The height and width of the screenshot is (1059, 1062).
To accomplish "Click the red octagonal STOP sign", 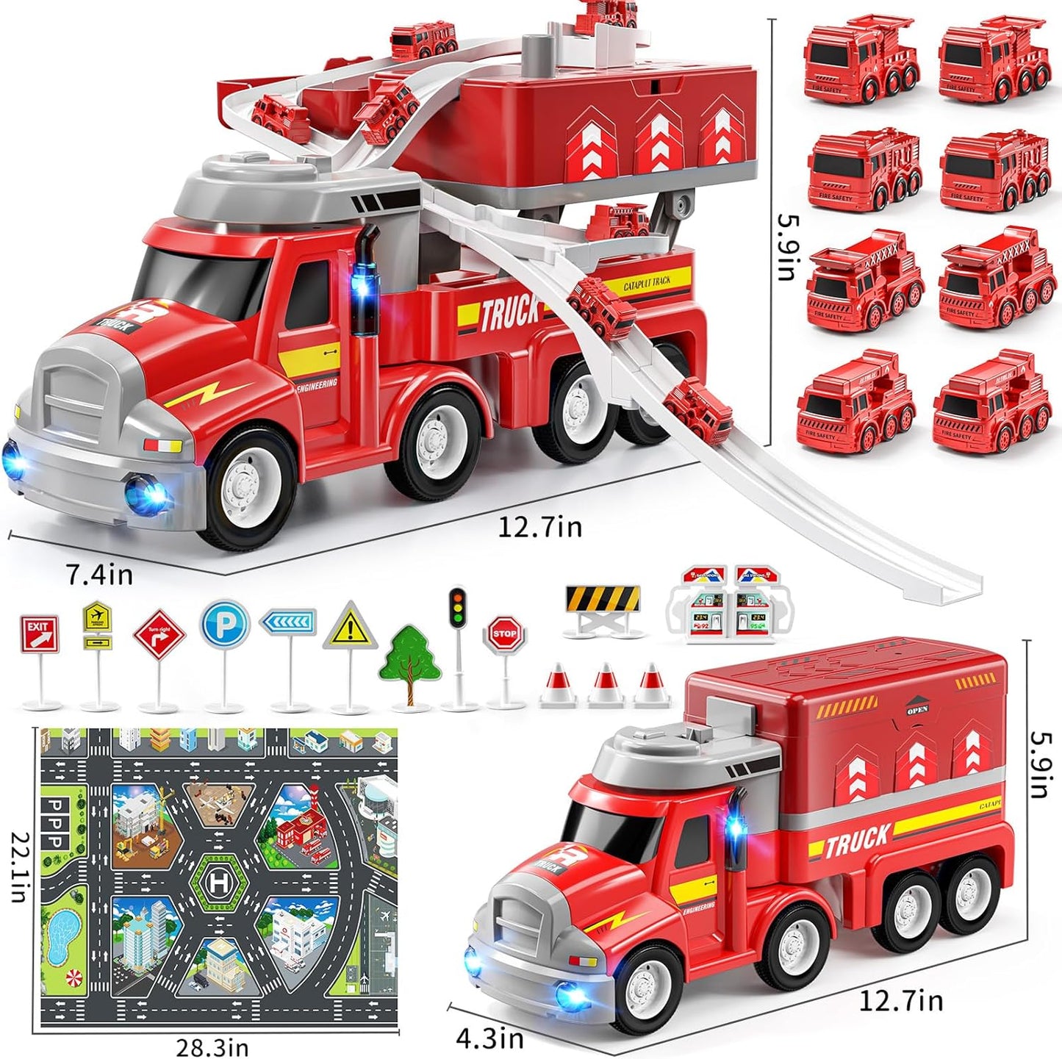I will tap(504, 633).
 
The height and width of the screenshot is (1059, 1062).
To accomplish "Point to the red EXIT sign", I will tap(40, 634).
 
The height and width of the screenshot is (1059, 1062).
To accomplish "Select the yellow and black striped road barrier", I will tap(603, 599).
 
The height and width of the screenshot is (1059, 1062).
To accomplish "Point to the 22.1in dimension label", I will tap(23, 867).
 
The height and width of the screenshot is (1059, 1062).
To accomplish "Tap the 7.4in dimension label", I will tap(100, 574).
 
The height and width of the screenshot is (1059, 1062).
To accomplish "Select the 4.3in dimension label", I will tap(490, 1038).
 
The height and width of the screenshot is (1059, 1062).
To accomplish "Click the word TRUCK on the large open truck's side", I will tap(509, 314).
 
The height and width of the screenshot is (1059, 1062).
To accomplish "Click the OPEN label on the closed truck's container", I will tap(917, 709).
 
